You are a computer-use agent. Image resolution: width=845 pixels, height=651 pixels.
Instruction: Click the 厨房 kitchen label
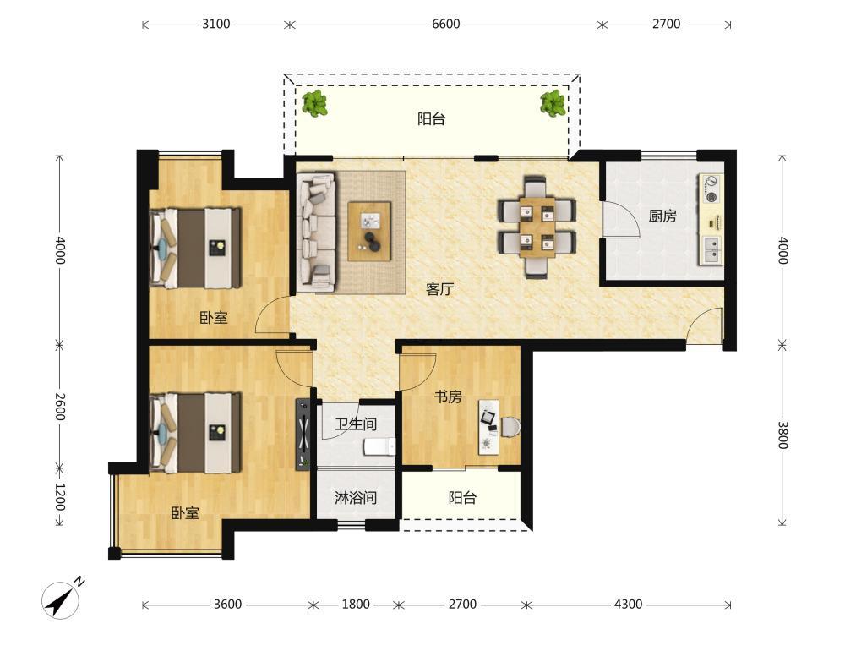662,216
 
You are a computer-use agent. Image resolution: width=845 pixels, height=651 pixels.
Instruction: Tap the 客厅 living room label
439,289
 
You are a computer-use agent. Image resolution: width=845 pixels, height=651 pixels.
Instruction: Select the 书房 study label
448,397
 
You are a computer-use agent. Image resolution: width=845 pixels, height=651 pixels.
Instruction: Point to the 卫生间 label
356,424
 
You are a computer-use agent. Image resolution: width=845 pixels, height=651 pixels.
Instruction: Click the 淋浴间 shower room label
356,497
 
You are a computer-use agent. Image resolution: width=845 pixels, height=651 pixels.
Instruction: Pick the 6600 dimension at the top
445,25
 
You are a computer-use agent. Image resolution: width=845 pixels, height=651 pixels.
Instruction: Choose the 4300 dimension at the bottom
628,604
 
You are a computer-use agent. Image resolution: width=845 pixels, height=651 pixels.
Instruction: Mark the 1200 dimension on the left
59,497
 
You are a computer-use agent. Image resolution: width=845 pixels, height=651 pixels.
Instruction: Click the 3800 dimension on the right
783,435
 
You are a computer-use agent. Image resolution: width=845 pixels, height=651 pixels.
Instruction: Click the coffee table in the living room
369,232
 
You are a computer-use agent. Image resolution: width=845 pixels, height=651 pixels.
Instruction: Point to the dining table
537,227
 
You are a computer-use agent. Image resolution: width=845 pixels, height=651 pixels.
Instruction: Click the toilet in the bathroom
380,447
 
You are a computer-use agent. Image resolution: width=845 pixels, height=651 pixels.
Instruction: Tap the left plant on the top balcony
314,103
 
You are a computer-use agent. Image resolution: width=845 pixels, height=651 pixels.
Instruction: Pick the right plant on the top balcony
553,103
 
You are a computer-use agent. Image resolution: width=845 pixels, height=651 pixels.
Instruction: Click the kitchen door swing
620,219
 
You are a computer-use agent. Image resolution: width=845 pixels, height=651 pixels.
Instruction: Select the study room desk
488,427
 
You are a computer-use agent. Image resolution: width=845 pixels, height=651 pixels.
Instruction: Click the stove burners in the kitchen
711,189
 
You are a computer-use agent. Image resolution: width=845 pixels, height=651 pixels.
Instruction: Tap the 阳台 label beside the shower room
462,497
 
